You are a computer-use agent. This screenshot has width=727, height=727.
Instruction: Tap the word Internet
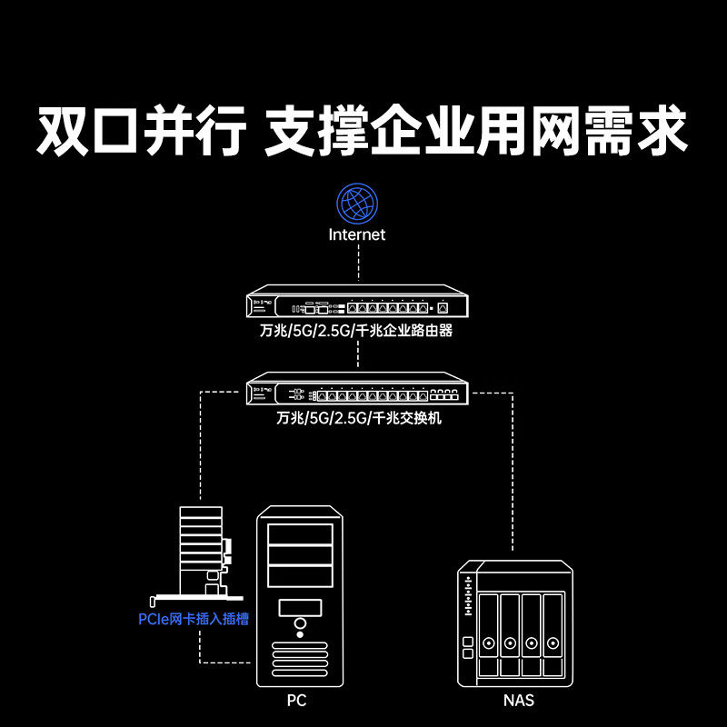(357, 234)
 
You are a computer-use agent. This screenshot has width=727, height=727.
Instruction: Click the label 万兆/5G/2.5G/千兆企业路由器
(356, 331)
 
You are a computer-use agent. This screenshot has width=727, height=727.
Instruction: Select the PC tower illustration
(300, 595)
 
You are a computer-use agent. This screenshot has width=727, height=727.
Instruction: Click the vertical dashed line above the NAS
(512, 473)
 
